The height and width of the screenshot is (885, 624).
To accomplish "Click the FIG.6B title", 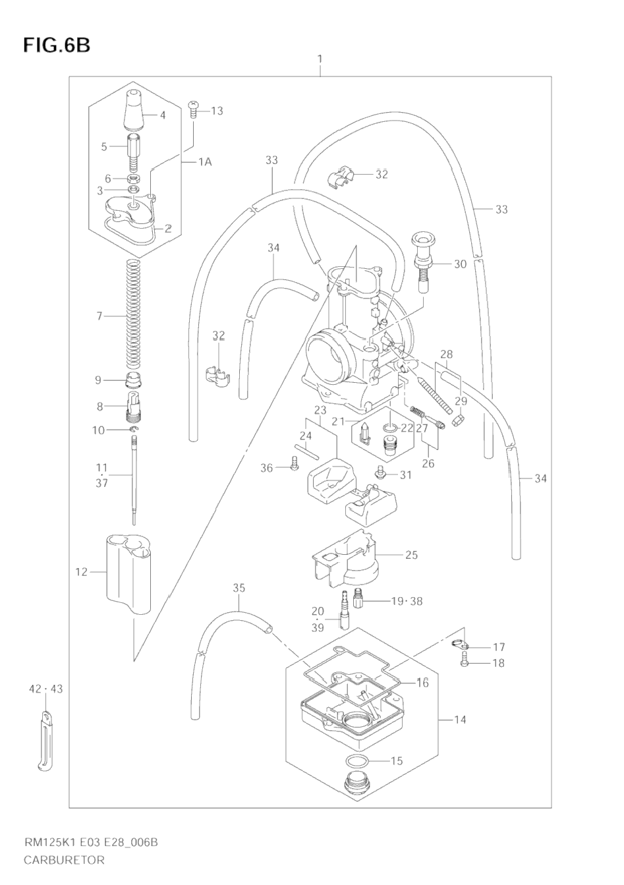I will click(x=56, y=45).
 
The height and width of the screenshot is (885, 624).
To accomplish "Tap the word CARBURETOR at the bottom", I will click(x=64, y=859).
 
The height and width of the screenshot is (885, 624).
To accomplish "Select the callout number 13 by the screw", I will click(x=217, y=111).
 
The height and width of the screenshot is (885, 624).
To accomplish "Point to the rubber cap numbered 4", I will click(x=134, y=111).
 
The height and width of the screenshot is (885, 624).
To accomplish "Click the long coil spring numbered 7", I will click(x=134, y=316).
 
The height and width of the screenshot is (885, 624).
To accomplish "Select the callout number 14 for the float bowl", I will click(x=460, y=720).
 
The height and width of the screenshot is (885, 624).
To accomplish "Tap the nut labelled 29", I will click(x=459, y=418).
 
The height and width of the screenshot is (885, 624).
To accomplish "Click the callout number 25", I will click(x=411, y=555).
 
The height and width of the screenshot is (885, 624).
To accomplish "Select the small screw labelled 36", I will click(x=293, y=467).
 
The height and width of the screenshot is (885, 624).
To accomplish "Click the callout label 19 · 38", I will click(x=407, y=601).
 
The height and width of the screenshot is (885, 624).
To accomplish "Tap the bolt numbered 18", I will click(x=465, y=663).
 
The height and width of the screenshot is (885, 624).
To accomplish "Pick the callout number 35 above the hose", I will click(x=239, y=587).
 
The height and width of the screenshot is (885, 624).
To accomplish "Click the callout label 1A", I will click(x=205, y=161).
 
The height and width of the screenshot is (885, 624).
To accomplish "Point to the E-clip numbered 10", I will click(x=134, y=430).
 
